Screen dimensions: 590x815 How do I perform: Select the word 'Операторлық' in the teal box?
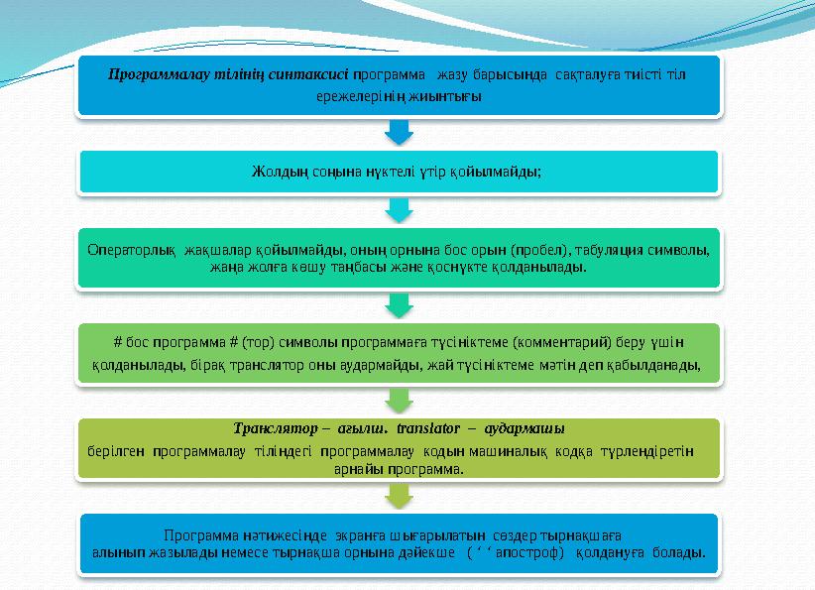(x=122, y=250)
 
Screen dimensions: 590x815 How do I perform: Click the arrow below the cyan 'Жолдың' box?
(x=398, y=209)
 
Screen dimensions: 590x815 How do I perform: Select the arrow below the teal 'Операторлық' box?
(x=398, y=302)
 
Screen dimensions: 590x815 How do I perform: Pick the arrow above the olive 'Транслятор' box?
(x=398, y=400)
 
